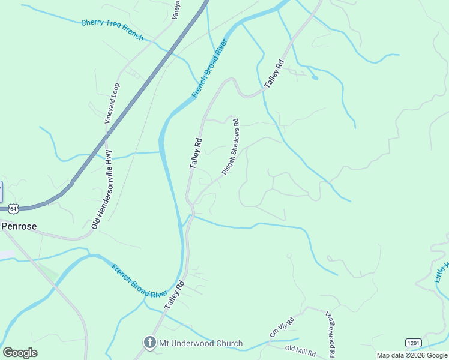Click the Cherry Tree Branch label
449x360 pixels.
coord(112,30)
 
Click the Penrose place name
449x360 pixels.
coord(19,226)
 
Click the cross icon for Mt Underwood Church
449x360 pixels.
coord(149,343)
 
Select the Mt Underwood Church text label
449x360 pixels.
coord(200,344)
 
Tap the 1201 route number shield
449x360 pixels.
coord(412,342)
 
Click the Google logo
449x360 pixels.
coord(20,352)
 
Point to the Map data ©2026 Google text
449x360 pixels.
coord(412,355)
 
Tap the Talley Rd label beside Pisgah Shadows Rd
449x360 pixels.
coord(196,153)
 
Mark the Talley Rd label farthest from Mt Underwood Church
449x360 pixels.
coord(273,75)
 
